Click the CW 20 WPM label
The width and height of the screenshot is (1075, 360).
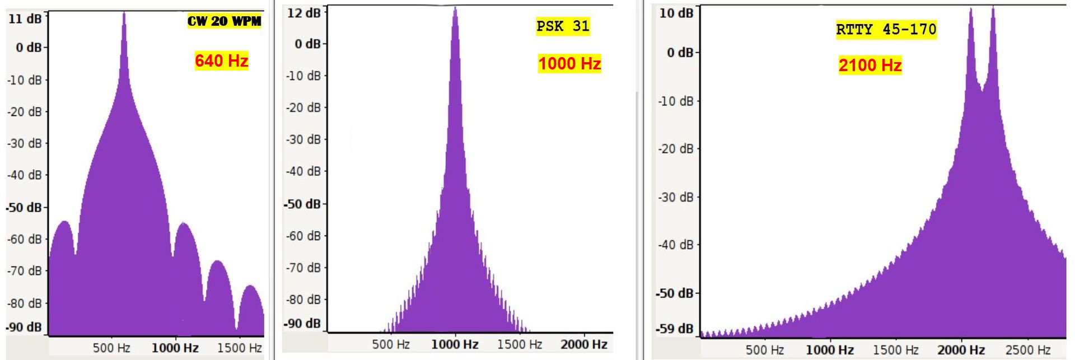[x=224, y=21]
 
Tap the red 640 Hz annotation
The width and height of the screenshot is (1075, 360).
[x=222, y=60]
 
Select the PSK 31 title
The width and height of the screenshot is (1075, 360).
[x=563, y=26]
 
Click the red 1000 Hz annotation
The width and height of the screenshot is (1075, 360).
[x=569, y=63]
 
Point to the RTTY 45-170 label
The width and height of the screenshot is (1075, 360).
[x=886, y=29]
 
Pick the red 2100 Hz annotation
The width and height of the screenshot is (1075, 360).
[x=870, y=65]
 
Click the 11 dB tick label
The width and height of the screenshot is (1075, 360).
[x=25, y=18]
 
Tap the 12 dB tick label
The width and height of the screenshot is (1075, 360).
[x=303, y=12]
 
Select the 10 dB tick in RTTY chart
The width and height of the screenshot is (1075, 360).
[x=676, y=12]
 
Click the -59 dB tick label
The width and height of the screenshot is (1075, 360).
[x=675, y=329]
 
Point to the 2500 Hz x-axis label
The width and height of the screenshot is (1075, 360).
[x=1028, y=350]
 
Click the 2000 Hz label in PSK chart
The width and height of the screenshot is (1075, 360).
[x=584, y=344]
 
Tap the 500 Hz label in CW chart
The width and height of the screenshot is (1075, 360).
[x=111, y=348]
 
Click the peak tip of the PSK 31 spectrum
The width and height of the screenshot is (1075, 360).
[x=455, y=8]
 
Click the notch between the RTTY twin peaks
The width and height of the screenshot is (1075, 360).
[x=981, y=88]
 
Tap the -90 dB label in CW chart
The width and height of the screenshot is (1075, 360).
[x=24, y=327]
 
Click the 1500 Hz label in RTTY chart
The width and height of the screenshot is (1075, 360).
[x=896, y=350]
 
